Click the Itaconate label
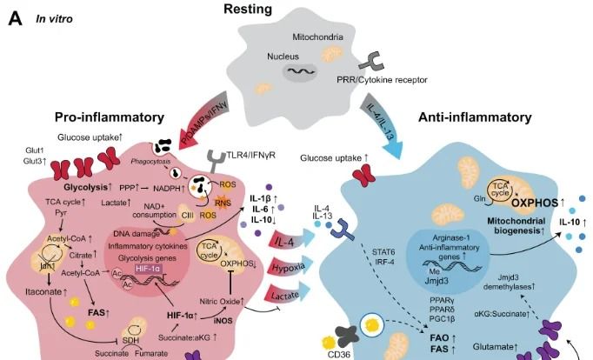[43, 292]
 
